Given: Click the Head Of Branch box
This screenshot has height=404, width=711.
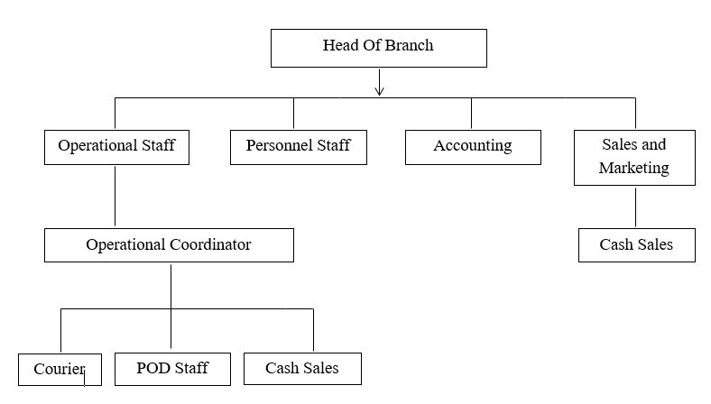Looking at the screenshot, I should [x=378, y=47].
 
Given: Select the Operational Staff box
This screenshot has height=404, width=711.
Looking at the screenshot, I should [x=116, y=146].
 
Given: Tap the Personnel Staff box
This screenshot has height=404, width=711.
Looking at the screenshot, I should [x=299, y=146].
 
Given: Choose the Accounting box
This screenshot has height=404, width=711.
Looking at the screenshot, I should [x=473, y=146].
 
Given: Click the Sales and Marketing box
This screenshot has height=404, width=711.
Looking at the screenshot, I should [x=634, y=157].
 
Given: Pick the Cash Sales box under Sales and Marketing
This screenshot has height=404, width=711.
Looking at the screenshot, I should [x=636, y=244].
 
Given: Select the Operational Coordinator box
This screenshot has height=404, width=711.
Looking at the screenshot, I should [x=169, y=244].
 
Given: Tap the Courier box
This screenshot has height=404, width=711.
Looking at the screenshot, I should [x=60, y=369].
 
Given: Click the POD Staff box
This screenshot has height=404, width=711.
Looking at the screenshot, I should [x=172, y=368].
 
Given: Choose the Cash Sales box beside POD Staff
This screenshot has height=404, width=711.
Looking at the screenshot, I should [x=302, y=368].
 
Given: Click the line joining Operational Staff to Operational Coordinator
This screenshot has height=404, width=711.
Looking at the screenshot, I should [x=115, y=196].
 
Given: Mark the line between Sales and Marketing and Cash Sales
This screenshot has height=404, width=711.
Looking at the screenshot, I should [x=636, y=207].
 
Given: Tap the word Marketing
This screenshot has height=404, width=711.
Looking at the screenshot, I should [x=634, y=168].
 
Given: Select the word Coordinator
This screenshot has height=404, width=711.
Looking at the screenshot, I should [x=208, y=244].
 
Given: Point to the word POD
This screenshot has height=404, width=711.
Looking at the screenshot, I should [x=152, y=368].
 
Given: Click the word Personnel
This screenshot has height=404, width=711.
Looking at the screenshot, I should [x=278, y=146].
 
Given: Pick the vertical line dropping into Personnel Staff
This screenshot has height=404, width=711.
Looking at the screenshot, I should [x=293, y=113].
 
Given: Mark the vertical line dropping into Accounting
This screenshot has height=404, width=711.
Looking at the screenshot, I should [x=471, y=113].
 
